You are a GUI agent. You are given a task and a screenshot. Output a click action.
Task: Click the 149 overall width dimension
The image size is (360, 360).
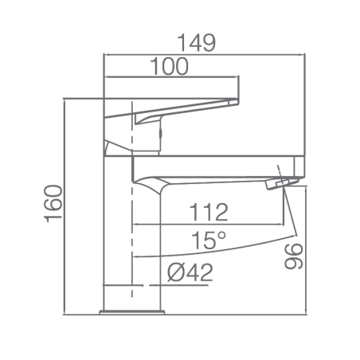[196, 43]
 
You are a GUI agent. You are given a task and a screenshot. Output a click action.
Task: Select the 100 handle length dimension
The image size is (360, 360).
[169, 66]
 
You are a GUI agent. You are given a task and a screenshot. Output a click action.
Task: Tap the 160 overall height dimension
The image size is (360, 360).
[53, 204]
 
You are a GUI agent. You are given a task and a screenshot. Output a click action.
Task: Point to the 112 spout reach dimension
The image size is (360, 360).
[209, 212]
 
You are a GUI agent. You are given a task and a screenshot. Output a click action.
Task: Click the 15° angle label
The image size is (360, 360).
[209, 241]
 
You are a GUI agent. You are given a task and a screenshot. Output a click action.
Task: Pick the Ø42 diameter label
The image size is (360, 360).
[190, 272]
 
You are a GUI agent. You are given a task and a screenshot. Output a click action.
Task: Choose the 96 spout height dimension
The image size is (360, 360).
[294, 256]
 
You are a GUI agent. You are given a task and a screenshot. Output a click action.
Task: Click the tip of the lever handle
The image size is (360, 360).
[237, 101]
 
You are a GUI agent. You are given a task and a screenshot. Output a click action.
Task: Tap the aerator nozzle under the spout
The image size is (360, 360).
[282, 184]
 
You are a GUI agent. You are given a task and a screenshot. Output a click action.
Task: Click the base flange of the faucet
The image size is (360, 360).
[132, 312]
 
